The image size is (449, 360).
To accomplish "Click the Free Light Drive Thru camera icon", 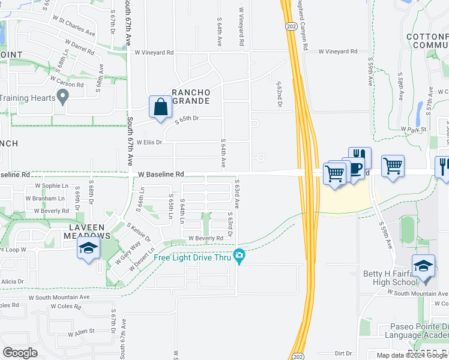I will (x=240, y=257).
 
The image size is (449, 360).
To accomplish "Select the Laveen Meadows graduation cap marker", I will (x=88, y=248).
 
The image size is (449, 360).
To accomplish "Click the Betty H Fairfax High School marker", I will (x=423, y=265).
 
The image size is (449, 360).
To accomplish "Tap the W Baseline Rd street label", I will (x=160, y=174).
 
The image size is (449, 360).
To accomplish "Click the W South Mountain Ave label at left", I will (x=59, y=297).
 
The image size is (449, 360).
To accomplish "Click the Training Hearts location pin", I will (x=62, y=97).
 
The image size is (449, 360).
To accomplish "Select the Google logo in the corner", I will (x=20, y=353).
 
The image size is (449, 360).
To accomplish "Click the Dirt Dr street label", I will (x=343, y=353).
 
